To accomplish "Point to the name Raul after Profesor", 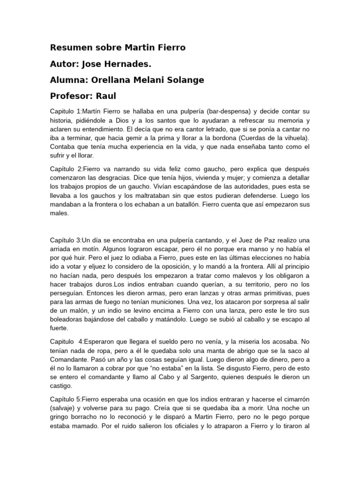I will [106, 96].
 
